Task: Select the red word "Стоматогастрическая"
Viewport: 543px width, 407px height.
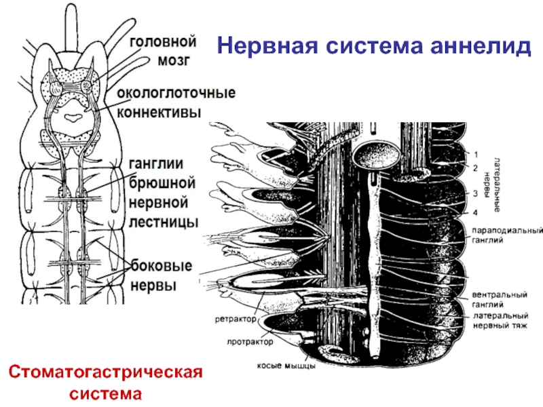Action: point(107,372)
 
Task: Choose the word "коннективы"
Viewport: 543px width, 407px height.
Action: point(160,112)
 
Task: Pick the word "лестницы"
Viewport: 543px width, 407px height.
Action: point(164,221)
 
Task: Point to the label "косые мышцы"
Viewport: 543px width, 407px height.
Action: point(286,367)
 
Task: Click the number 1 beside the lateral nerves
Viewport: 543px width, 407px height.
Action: point(475,154)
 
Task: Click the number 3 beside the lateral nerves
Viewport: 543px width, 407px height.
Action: point(475,194)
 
